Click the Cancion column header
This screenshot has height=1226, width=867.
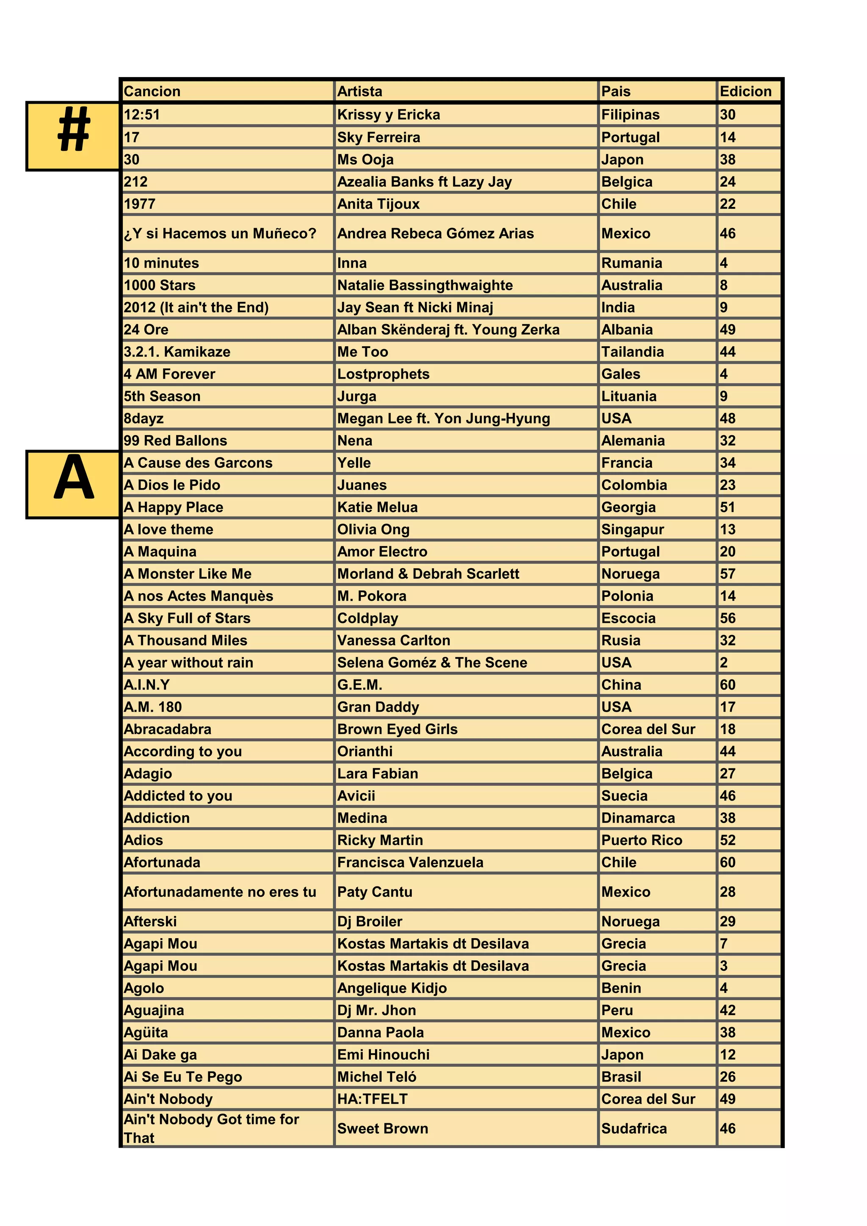pyautogui.click(x=152, y=91)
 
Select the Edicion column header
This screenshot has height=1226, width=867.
pyautogui.click(x=745, y=91)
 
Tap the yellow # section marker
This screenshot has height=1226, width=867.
pyautogui.click(x=73, y=135)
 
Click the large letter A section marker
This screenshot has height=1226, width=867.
pyautogui.click(x=73, y=484)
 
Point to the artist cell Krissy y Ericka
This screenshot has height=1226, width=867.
pyautogui.click(x=389, y=115)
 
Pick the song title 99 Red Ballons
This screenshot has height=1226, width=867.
pyautogui.click(x=175, y=441)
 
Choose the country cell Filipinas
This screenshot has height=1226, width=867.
pyautogui.click(x=630, y=115)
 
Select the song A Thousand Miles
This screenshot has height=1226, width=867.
pyautogui.click(x=185, y=640)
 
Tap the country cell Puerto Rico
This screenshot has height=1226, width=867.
pyautogui.click(x=641, y=840)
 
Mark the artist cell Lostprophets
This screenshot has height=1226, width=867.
pyautogui.click(x=383, y=374)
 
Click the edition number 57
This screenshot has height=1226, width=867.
pyautogui.click(x=727, y=574)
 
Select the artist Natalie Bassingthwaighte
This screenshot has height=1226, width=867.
pyautogui.click(x=425, y=285)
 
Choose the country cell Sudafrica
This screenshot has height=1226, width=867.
pyautogui.click(x=634, y=1128)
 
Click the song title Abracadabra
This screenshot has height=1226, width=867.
pyautogui.click(x=167, y=729)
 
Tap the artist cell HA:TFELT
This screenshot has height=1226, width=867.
pyautogui.click(x=372, y=1099)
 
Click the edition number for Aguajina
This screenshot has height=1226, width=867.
pyautogui.click(x=727, y=1010)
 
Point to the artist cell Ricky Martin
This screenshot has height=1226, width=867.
pyautogui.click(x=380, y=840)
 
